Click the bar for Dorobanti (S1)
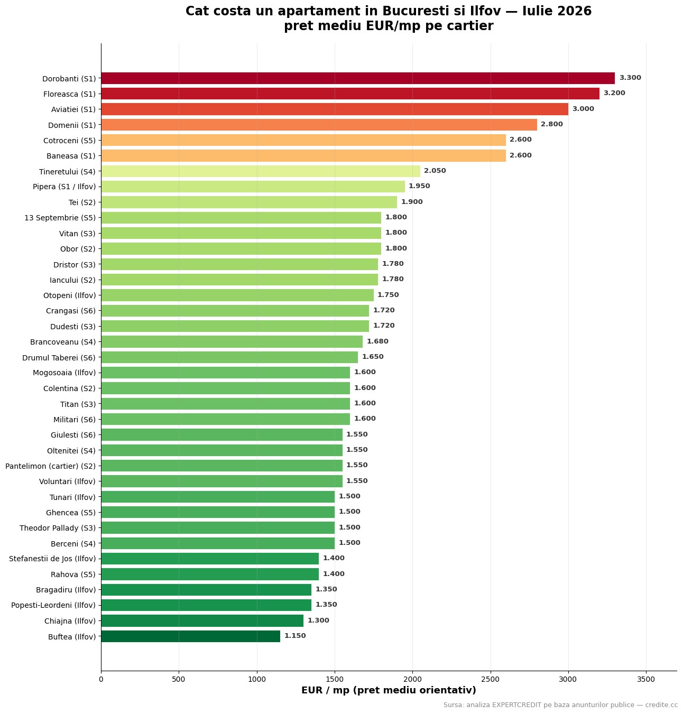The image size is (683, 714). [x=358, y=78]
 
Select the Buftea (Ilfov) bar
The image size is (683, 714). [x=190, y=636]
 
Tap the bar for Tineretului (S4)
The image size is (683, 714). [x=261, y=171]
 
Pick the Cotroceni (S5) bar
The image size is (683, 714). [x=303, y=140]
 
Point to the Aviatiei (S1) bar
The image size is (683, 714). [x=335, y=109]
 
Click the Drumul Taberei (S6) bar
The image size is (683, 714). [x=229, y=357]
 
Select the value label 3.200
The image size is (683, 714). [x=614, y=93]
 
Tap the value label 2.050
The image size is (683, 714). [x=435, y=171]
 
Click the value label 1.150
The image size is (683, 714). [x=295, y=635]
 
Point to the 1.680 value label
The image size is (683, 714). [x=377, y=341]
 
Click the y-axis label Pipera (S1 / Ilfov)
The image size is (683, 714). [x=64, y=187]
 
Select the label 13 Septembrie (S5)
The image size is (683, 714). [x=60, y=218]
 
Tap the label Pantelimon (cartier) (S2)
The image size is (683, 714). [x=51, y=466]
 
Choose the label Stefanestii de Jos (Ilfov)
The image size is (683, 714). [x=52, y=559]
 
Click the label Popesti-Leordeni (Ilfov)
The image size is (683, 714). [x=53, y=605]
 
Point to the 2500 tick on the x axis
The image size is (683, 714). [x=491, y=679]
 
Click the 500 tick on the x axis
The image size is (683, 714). [x=179, y=679]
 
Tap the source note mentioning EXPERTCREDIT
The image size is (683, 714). [x=560, y=705]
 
